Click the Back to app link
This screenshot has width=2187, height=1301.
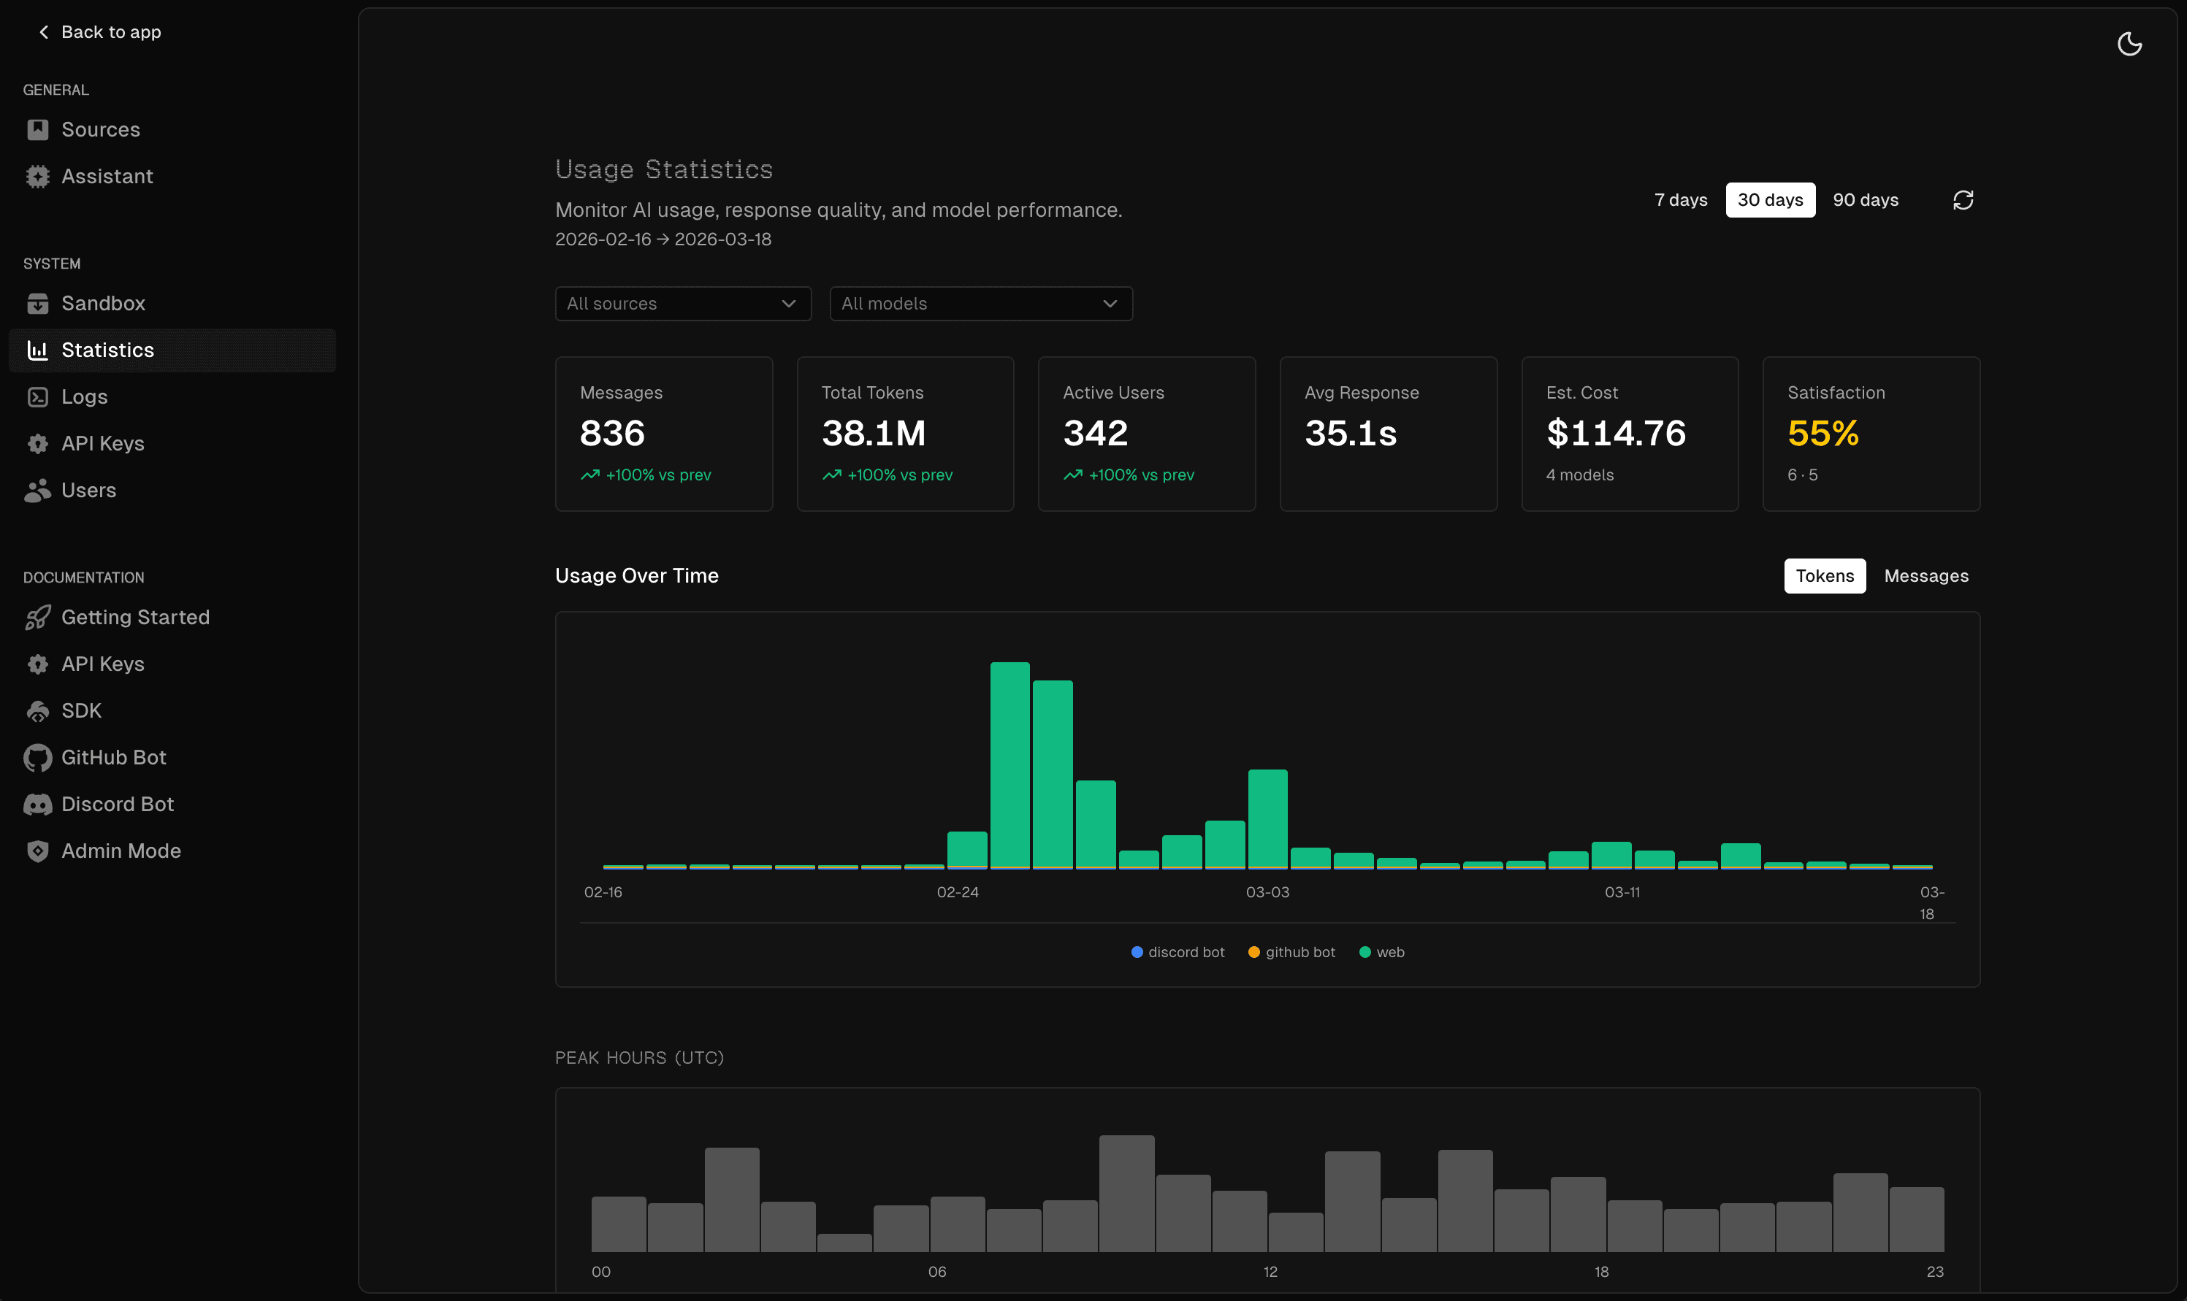100,32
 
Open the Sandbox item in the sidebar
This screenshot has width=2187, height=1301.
102,303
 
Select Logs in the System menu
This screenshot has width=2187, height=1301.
84,397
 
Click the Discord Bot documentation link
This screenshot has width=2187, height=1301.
117,804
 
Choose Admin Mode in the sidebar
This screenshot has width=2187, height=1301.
120,851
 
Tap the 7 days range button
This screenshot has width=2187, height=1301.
1680,200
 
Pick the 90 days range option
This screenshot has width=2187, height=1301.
1865,200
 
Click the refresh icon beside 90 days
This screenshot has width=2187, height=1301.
1963,200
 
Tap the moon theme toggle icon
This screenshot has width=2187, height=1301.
2129,44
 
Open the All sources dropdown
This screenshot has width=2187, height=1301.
682,303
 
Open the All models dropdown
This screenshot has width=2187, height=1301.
980,303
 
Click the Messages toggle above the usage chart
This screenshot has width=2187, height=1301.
1925,576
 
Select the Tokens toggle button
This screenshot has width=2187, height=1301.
1824,576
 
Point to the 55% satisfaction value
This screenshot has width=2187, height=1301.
1822,433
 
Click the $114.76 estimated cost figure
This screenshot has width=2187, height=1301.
1615,433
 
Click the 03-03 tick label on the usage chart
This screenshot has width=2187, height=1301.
1267,892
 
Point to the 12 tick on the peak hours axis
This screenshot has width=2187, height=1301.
1270,1272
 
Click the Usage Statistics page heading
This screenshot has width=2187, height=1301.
664,169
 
